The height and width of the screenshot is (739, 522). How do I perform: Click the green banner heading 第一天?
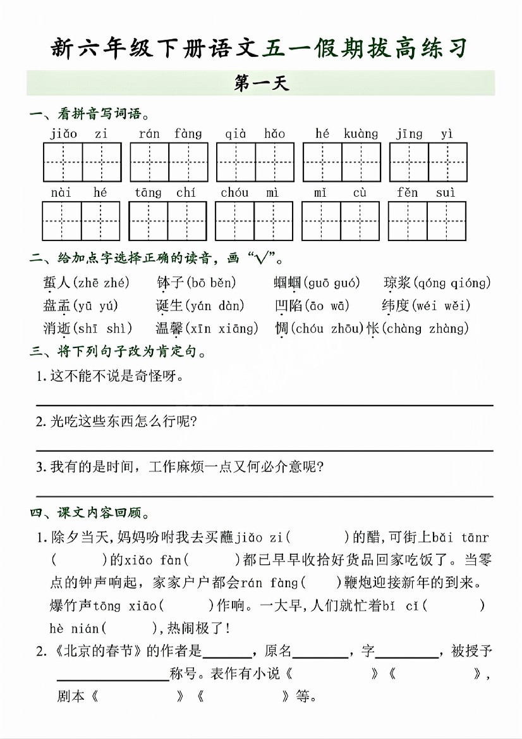pos(260,84)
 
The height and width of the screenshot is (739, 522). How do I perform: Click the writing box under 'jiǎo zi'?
pos(82,162)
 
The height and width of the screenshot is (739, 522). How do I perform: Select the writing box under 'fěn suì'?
pos(427,221)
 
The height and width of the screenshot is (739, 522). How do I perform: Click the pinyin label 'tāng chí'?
pos(165,192)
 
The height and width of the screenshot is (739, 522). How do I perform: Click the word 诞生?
pos(169,306)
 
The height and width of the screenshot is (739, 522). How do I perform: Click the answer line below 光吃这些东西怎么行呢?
pos(264,450)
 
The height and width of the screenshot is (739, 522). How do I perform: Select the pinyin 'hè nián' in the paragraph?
pos(74,628)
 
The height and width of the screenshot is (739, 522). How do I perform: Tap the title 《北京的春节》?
pos(100,651)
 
